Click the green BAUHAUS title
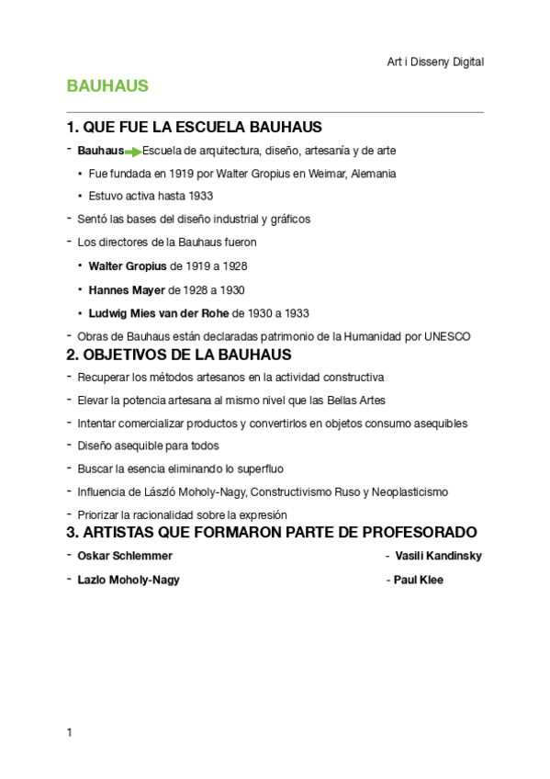[107, 86]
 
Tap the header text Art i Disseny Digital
[435, 62]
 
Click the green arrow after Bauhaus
[134, 152]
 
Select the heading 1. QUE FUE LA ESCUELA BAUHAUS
[194, 127]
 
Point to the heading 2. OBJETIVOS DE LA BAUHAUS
[179, 355]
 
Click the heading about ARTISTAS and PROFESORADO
[272, 533]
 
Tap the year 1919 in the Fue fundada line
[181, 174]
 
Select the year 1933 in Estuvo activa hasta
[200, 196]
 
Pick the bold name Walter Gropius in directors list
[128, 266]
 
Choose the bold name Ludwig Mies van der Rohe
[160, 313]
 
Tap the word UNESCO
[447, 336]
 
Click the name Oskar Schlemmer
[125, 556]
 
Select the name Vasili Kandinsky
[438, 556]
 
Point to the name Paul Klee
[418, 580]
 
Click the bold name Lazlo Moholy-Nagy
[129, 580]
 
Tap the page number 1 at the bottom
[69, 732]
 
